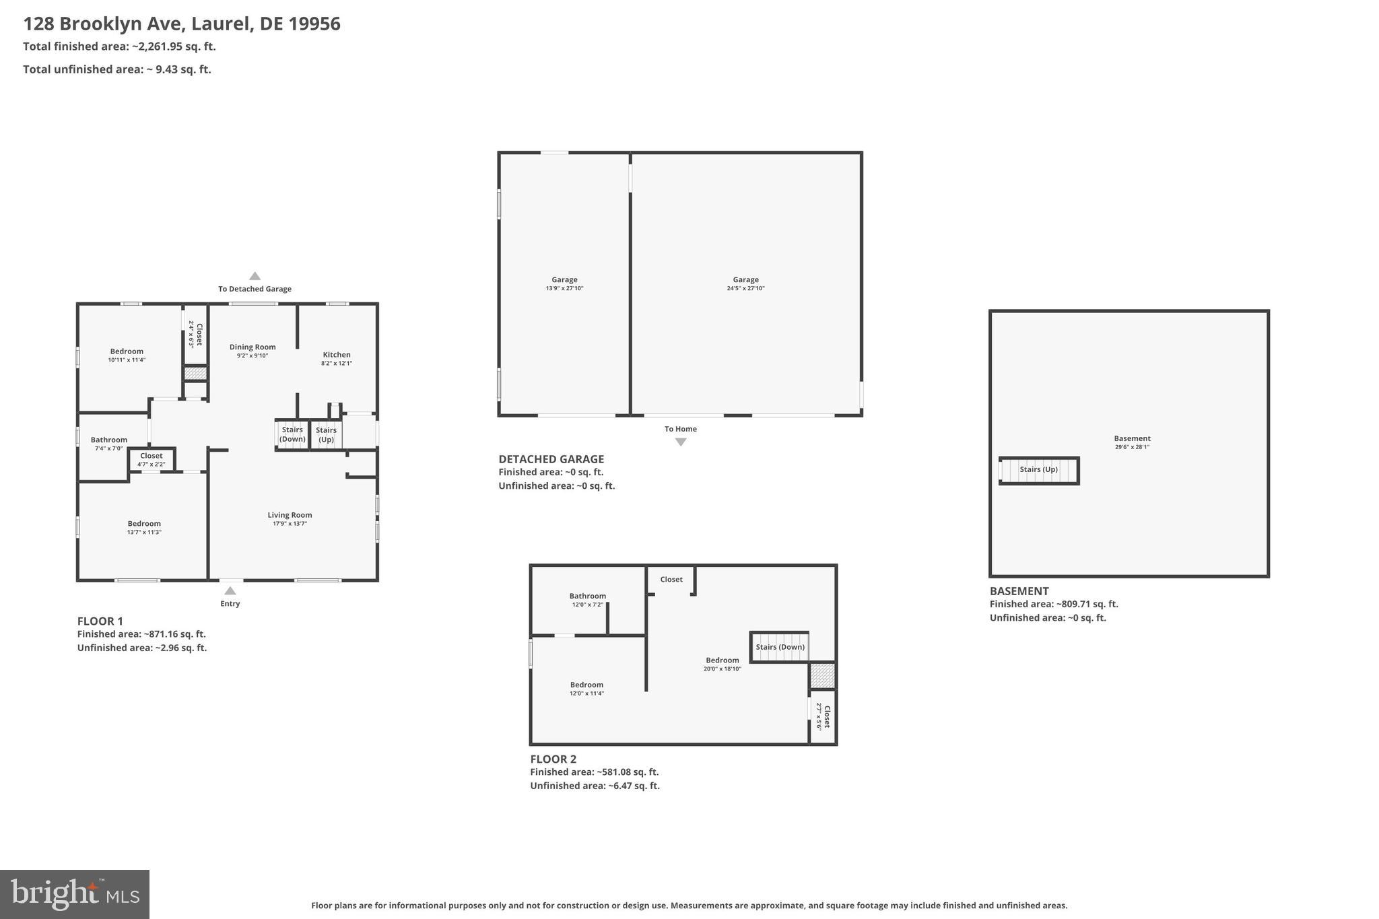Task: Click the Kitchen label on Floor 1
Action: (x=336, y=355)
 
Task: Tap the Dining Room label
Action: (x=253, y=347)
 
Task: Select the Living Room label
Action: (x=290, y=515)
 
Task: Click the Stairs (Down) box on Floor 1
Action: (x=292, y=434)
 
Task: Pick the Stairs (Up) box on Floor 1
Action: (x=326, y=434)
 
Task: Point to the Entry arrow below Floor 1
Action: (x=230, y=591)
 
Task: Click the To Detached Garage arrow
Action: (x=255, y=276)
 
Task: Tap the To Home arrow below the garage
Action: (x=681, y=442)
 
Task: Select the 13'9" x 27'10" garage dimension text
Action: (x=564, y=289)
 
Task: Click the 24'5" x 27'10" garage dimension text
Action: (x=745, y=289)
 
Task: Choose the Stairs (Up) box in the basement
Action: (x=1039, y=470)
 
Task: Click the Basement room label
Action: (x=1132, y=438)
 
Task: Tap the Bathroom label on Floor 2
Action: (x=587, y=596)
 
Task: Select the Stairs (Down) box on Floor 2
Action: (x=780, y=647)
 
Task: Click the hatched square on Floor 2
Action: (x=822, y=675)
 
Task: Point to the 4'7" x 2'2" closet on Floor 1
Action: (x=152, y=460)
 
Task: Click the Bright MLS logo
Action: (x=75, y=894)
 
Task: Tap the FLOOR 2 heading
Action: (x=553, y=759)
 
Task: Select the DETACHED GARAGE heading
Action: (x=551, y=459)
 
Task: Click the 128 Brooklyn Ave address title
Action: (x=182, y=24)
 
